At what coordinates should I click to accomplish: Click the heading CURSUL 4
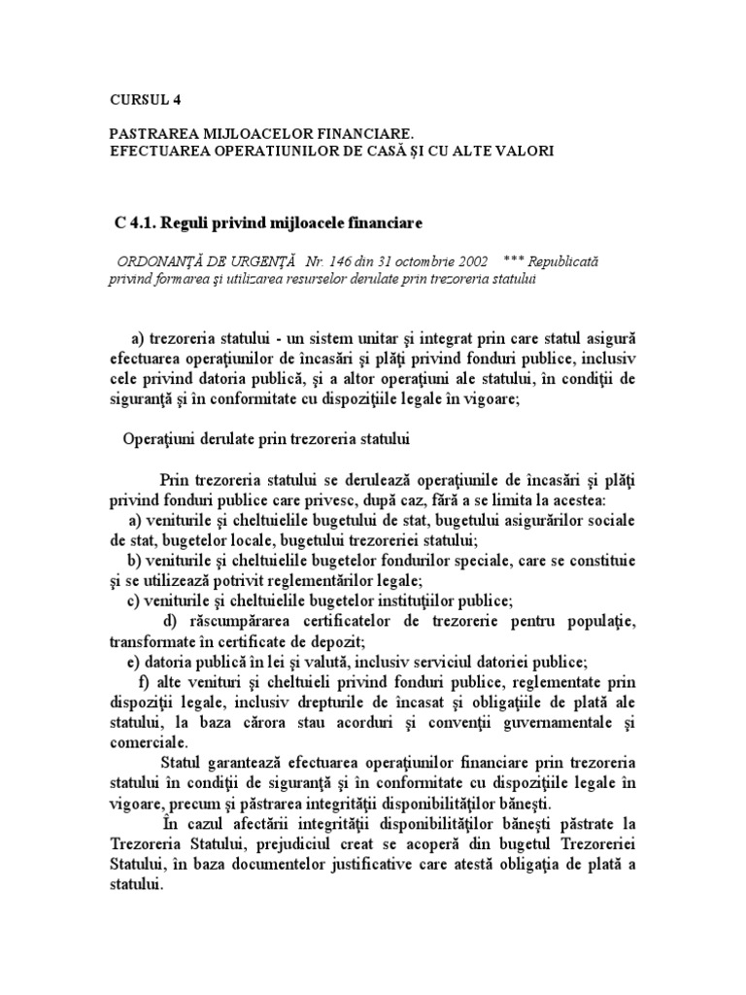click(145, 99)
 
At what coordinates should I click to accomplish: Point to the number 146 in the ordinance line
click(338, 262)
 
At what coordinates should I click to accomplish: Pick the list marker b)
click(135, 561)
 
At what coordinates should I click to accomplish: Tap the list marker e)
click(135, 661)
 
